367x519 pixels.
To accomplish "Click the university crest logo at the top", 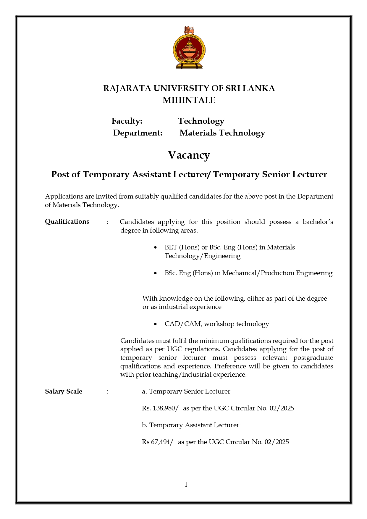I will point(189,48).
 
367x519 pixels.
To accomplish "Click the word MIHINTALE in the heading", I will point(189,100).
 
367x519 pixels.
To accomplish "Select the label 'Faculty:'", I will point(127,121).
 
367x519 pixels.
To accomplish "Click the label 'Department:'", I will point(138,133).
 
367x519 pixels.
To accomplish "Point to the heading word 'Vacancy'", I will point(189,155).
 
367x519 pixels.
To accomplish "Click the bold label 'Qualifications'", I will point(67,222).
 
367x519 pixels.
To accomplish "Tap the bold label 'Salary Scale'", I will point(64,391).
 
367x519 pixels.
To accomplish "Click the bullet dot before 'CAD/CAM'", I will point(156,324).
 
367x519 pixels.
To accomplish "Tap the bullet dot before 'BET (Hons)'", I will point(156,247).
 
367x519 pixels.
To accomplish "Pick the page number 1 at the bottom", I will point(186,484).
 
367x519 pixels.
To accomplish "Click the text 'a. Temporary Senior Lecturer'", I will point(186,391).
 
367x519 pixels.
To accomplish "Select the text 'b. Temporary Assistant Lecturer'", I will point(190,425).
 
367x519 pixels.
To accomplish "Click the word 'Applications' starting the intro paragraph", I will point(64,196).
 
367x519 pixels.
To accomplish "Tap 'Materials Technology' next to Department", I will point(222,133).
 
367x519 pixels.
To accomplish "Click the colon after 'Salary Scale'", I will point(107,392).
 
